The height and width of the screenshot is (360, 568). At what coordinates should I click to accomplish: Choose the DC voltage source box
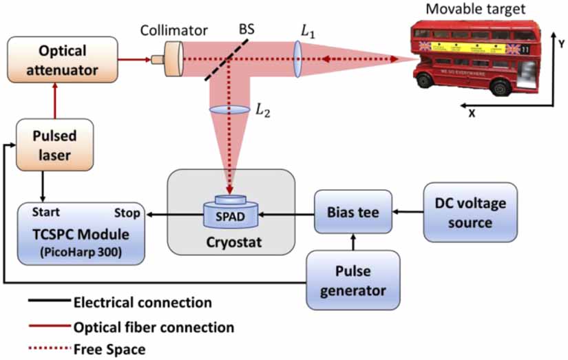click(x=470, y=213)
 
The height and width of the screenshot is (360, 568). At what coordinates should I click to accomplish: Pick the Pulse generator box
click(x=353, y=280)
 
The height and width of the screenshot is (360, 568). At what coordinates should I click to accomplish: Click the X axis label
click(x=472, y=114)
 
